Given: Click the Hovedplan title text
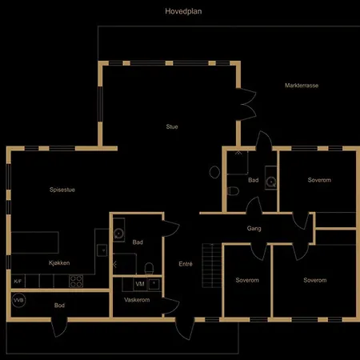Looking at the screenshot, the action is (x=183, y=11).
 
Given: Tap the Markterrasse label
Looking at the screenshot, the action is (x=302, y=86).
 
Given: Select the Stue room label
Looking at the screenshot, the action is (x=172, y=126).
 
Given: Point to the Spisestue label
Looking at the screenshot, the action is (x=62, y=190).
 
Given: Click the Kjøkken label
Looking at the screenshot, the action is (x=59, y=263).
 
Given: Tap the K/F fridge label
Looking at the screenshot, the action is (x=18, y=282).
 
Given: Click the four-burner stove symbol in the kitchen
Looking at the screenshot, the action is (x=76, y=282).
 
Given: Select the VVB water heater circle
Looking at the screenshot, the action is (x=19, y=300).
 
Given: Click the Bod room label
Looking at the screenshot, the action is (x=59, y=306).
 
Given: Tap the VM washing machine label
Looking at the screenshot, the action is (x=140, y=284).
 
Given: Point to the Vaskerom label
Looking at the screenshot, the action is (x=137, y=300).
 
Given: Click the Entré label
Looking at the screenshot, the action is (x=186, y=264).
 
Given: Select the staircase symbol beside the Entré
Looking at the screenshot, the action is (x=212, y=266).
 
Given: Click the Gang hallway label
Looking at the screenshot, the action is (x=254, y=229).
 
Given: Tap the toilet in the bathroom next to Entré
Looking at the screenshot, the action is (x=149, y=269).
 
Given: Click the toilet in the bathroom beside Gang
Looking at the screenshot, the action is (x=233, y=191).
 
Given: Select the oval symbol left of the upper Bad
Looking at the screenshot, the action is (x=214, y=172).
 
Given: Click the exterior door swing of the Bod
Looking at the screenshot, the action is (x=59, y=328).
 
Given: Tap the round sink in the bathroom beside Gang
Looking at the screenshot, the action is (x=271, y=182).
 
